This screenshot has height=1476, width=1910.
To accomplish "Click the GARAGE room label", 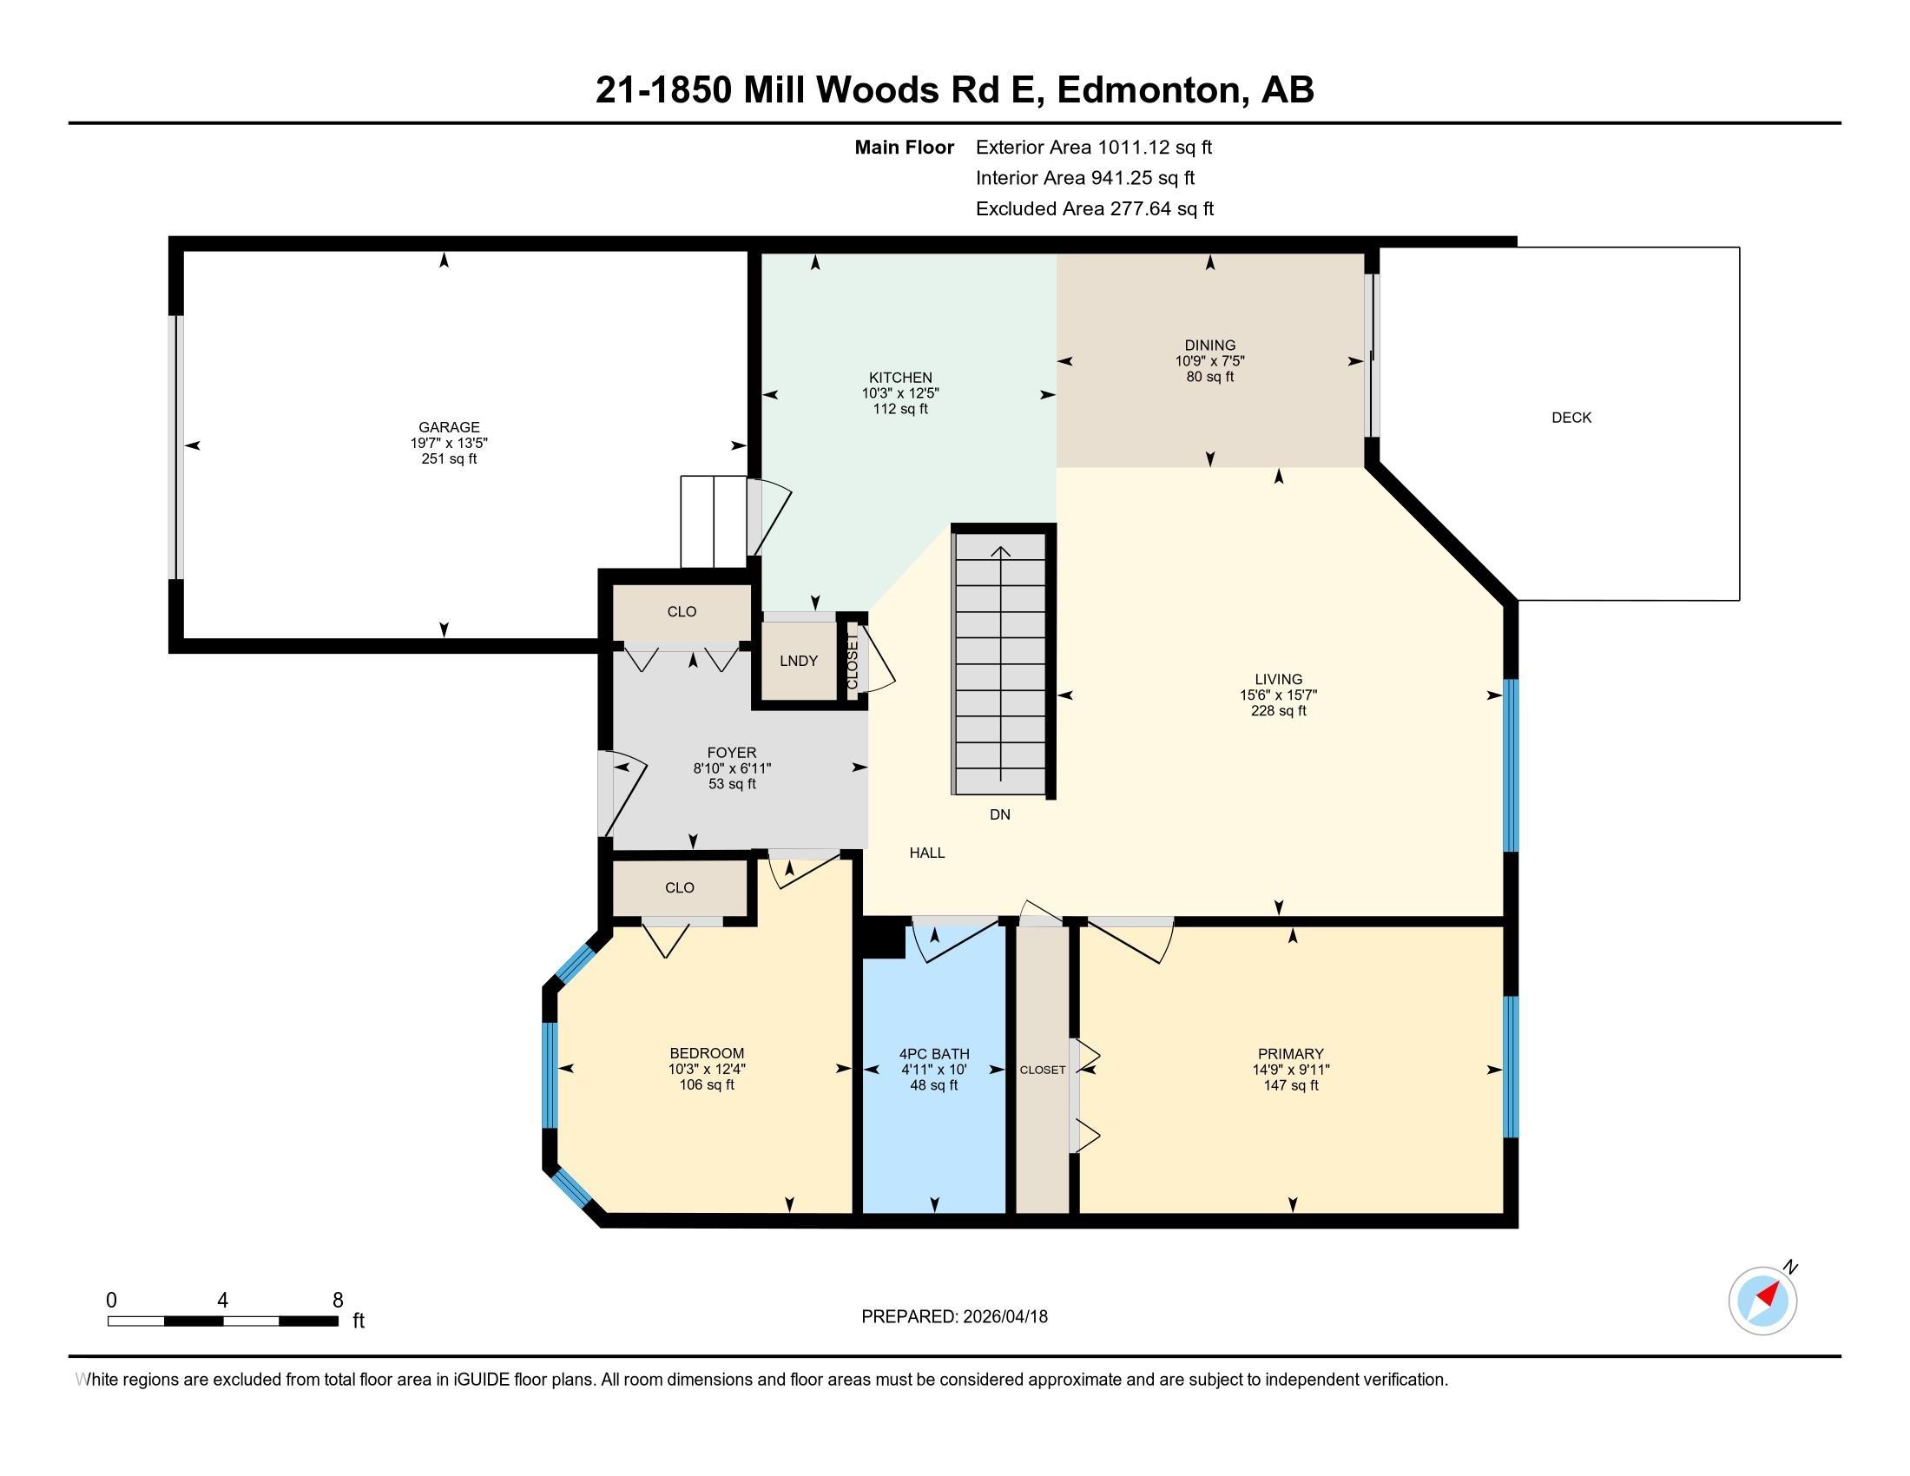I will click(449, 426).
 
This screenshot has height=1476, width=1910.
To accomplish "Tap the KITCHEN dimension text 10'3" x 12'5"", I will click(900, 393).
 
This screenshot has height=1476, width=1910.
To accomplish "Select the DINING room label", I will click(1209, 346).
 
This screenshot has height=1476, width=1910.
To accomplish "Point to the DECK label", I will click(1571, 418).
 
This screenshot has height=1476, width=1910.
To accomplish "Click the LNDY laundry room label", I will click(799, 661).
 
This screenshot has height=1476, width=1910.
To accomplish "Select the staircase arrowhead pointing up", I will click(1000, 551).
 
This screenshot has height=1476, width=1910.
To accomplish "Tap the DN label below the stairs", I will click(999, 815).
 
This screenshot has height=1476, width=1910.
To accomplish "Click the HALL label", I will click(926, 853).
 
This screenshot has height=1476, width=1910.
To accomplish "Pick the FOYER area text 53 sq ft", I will click(732, 784).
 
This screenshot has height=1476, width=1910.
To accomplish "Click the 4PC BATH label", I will click(934, 1054).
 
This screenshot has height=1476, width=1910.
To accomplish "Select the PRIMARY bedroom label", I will click(1290, 1054).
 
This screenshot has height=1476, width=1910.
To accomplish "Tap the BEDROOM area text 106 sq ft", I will click(707, 1085).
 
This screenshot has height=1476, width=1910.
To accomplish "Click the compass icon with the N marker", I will click(1762, 1301).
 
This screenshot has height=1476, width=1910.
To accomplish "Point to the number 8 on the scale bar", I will click(338, 1301).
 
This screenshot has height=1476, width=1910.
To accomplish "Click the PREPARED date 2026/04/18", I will click(1004, 1317).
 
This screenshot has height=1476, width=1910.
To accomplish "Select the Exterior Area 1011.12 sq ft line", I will click(1093, 148).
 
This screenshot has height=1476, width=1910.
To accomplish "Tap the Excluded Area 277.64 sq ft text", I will click(1094, 209).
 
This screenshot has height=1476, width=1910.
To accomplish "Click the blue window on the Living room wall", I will click(1511, 765).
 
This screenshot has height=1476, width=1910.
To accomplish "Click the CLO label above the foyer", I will click(682, 612).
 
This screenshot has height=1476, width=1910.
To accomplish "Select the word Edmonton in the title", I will click(1152, 90).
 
